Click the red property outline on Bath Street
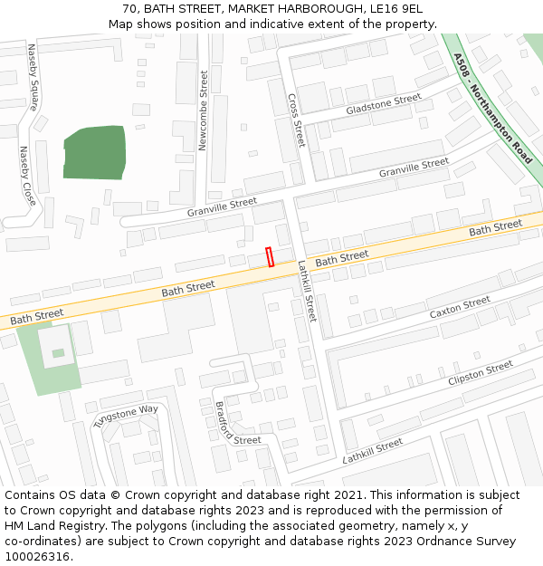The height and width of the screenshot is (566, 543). pos(270,257)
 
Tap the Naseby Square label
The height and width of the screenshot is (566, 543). pos(33,77)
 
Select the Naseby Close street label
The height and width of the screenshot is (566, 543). pos(27,176)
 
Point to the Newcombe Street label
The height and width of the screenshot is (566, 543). pos(204,110)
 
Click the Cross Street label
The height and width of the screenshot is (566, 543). pos(296,120)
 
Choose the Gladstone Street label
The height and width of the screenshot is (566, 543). pos(384,104)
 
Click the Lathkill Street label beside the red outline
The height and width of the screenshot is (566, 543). pos(308,292)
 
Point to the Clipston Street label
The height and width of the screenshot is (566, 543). pos(480,373)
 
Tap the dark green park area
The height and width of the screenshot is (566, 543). pos(94,152)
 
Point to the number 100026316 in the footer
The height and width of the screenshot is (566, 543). pos(38,556)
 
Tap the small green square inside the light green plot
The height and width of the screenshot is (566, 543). pos(58,353)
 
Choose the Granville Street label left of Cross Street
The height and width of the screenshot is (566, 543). pos(222,207)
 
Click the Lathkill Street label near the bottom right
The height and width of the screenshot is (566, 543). pos(373,451)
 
